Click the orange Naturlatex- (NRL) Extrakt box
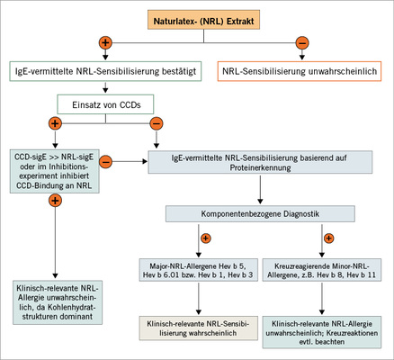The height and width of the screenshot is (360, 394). point(196,17)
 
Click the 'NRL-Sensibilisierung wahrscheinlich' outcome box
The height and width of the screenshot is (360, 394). point(196,326)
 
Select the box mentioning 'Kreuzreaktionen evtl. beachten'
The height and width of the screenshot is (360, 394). point(325,326)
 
